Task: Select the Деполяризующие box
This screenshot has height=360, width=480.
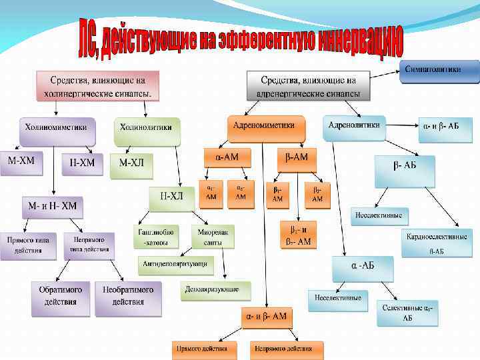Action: tap(215, 291)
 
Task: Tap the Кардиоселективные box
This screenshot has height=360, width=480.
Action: tap(437, 242)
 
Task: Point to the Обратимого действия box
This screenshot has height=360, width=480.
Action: tap(61, 297)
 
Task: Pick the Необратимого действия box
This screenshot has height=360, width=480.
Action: tap(128, 297)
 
